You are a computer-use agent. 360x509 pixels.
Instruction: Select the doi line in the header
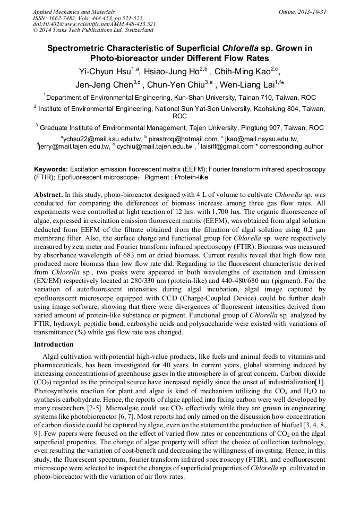click(94, 24)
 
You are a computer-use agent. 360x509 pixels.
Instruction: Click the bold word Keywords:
click(51, 168)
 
